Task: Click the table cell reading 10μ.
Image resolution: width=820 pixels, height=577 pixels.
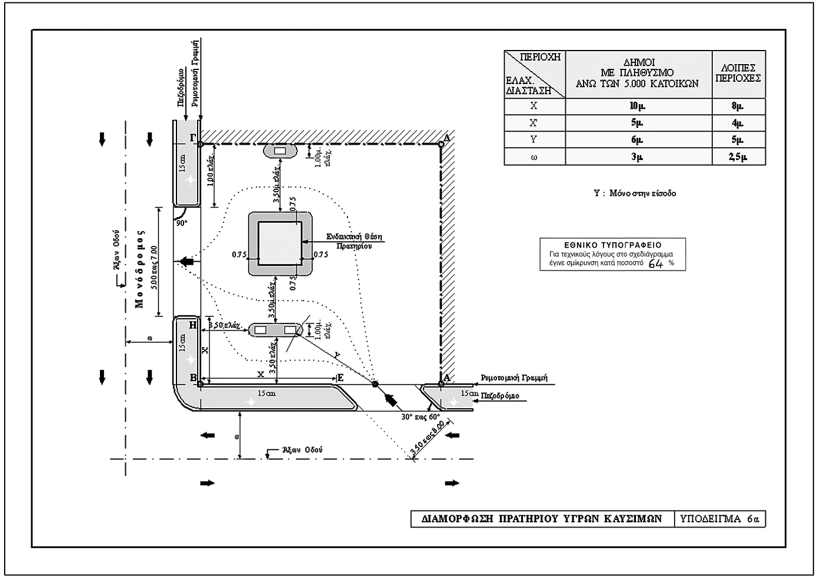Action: point(638,106)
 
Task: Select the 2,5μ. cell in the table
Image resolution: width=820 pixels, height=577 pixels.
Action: point(738,157)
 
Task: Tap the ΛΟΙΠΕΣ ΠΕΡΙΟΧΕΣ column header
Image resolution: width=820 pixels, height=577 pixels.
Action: point(738,74)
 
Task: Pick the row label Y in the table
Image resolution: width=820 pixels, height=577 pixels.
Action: point(534,140)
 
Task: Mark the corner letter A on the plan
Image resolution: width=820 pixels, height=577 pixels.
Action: point(446,378)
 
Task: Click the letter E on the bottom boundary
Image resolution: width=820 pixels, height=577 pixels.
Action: point(340,378)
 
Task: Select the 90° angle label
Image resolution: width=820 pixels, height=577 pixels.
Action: point(182,224)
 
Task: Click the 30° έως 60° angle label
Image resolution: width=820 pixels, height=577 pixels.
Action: point(421,416)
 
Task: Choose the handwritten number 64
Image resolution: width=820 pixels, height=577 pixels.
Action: point(655,264)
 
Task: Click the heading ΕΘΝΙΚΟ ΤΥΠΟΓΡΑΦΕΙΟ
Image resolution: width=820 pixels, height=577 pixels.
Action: point(612,245)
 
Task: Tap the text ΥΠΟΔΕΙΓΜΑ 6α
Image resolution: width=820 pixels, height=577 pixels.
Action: point(719,519)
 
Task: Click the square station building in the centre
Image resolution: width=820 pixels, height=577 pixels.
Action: point(280,244)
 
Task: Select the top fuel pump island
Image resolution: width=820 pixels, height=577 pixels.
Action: point(280,151)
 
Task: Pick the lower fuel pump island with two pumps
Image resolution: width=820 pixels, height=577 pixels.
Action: point(275,330)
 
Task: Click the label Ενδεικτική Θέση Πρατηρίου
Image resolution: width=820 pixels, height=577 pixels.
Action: point(355,241)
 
